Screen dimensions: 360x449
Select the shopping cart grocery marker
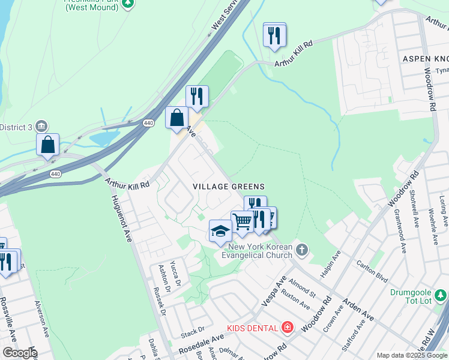[242, 221]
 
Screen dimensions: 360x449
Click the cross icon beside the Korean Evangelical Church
[302, 249]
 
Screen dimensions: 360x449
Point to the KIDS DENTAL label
[252, 328]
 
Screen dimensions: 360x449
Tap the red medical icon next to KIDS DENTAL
[288, 328]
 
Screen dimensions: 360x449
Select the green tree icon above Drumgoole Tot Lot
[441, 295]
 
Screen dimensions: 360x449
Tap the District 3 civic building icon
[42, 126]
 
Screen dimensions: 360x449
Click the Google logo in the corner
[19, 352]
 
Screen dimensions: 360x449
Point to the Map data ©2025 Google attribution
[412, 355]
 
